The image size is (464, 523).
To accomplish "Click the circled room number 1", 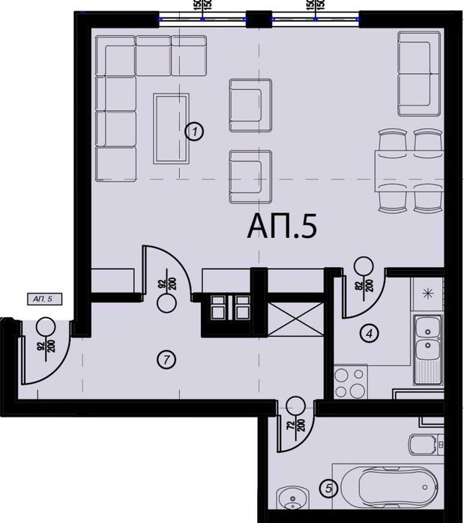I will [x=194, y=132].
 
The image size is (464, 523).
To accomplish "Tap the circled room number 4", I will [x=367, y=334].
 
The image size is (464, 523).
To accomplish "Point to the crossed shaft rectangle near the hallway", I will [x=288, y=321].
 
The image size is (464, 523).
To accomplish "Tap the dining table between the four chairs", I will [x=410, y=171].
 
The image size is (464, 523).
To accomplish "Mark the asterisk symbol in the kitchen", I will [x=428, y=293].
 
